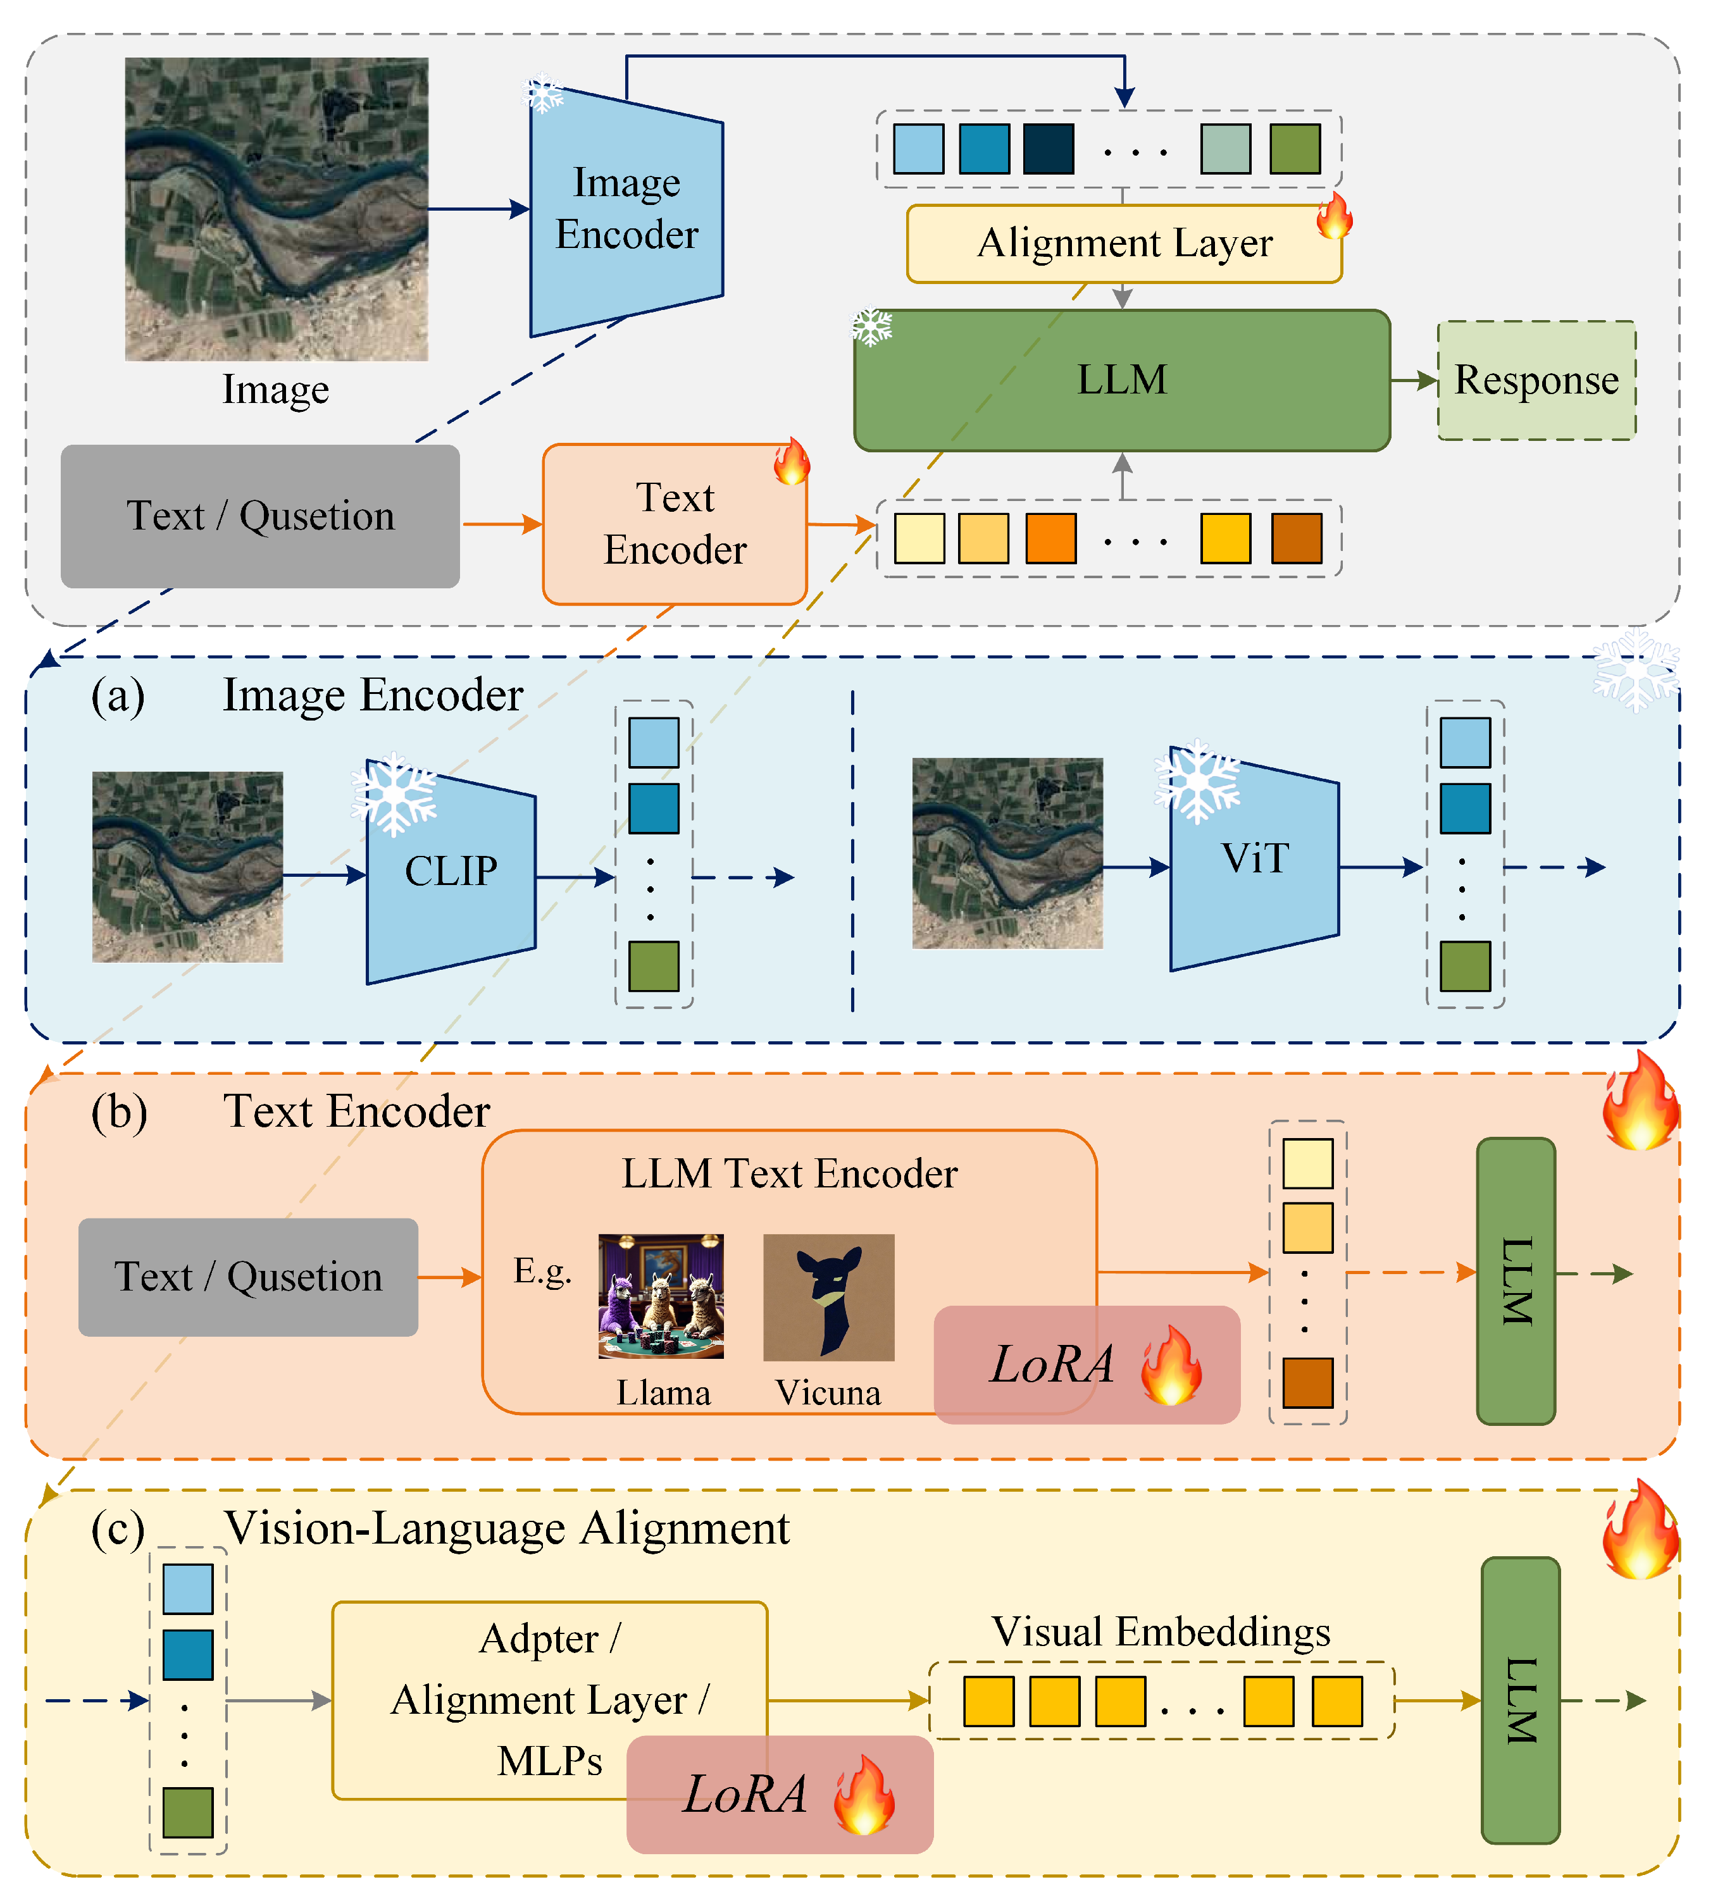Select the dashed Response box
[x=1535, y=380]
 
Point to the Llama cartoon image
[x=661, y=1295]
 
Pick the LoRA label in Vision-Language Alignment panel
[x=745, y=1793]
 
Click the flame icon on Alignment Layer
[x=1334, y=216]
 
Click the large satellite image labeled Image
[x=277, y=209]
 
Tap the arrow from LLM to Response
[x=1413, y=380]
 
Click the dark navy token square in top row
[x=1049, y=149]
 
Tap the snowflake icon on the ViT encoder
[x=1197, y=781]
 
